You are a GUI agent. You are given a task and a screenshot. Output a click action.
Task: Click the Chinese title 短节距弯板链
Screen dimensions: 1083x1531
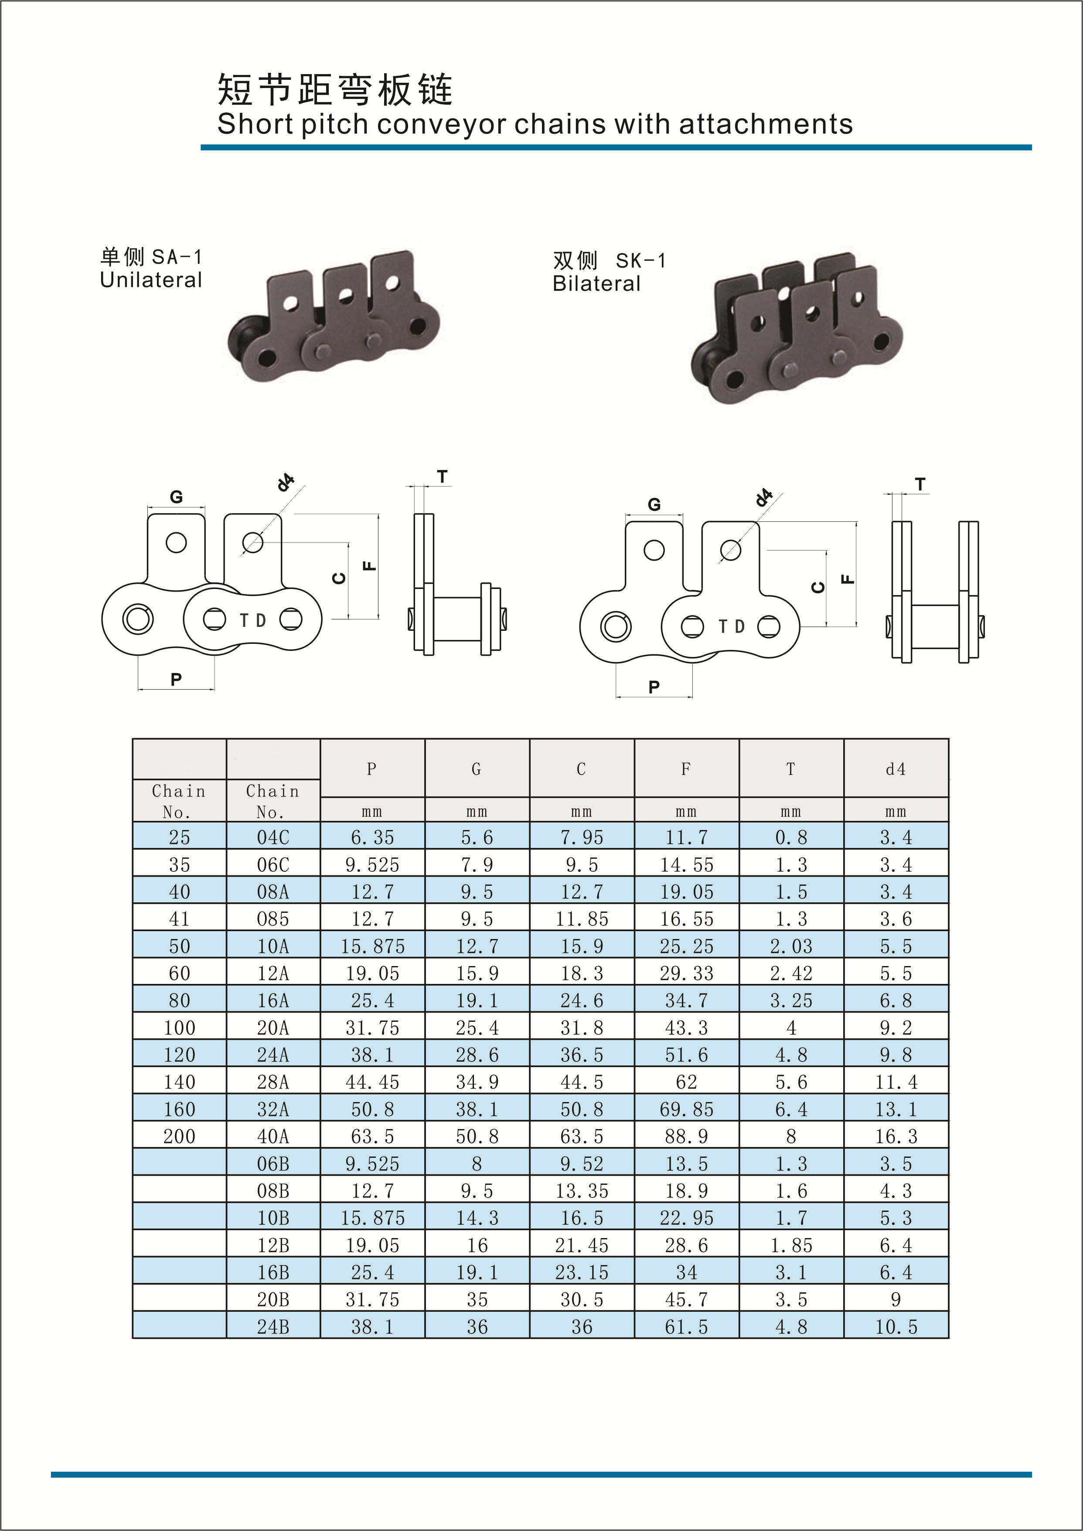click(x=335, y=89)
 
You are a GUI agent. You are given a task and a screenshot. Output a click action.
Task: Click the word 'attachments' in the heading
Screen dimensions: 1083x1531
click(x=766, y=124)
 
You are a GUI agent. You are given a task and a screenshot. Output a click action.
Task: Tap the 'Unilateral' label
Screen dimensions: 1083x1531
click(x=151, y=280)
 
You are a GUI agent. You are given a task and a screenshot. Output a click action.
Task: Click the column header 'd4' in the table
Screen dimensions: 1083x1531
click(x=896, y=769)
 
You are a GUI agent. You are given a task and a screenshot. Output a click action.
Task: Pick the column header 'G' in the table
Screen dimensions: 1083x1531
click(x=476, y=769)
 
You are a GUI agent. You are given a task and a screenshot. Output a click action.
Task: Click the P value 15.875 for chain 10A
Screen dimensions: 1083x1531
click(x=372, y=946)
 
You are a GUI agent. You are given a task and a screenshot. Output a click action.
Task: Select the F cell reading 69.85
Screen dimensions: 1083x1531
click(x=686, y=1109)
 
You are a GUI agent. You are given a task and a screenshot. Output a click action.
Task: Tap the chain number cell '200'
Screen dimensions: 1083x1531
click(x=179, y=1136)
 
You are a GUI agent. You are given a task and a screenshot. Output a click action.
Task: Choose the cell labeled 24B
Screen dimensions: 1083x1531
click(x=273, y=1327)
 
